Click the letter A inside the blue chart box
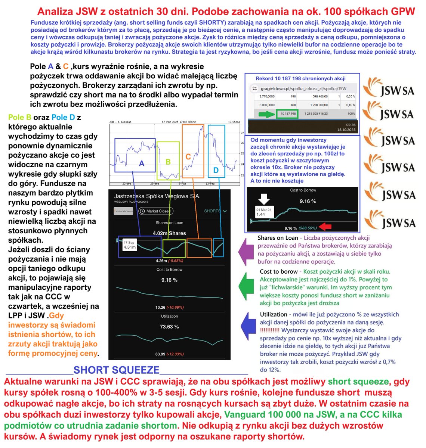(141, 163)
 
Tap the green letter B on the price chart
(168, 162)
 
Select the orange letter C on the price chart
(188, 157)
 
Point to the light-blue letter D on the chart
(216, 170)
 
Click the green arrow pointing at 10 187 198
(266, 114)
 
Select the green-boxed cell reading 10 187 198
(287, 114)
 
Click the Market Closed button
(155, 211)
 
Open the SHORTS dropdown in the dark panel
(215, 211)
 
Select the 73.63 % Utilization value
(169, 327)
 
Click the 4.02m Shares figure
(169, 233)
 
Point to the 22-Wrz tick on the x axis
(127, 184)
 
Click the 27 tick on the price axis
(242, 133)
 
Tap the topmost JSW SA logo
(390, 87)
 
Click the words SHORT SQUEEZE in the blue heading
(116, 370)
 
